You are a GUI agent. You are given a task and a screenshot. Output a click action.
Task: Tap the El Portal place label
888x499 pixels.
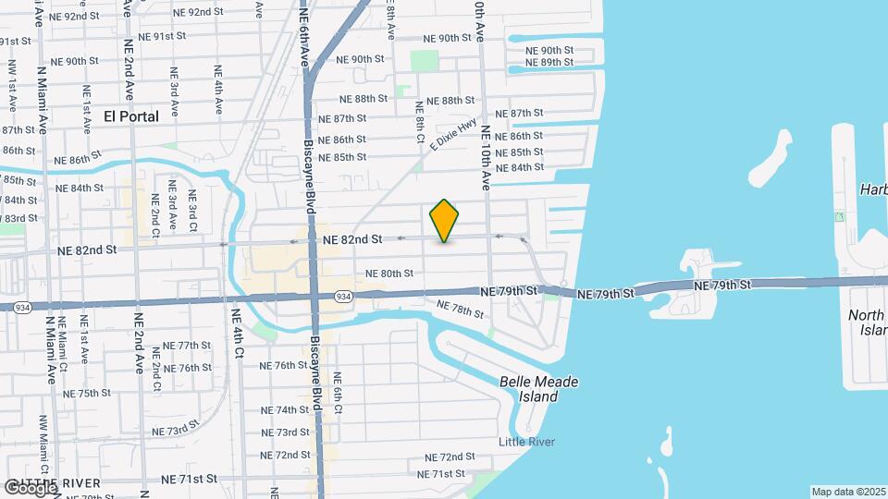click(131, 116)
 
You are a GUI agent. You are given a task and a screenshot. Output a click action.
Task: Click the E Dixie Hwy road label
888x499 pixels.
click(453, 132)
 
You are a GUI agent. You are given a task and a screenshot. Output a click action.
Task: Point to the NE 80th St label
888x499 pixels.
click(388, 274)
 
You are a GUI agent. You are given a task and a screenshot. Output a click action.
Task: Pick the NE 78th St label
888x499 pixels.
click(460, 310)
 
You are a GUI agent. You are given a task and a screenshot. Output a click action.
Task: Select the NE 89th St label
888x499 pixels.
click(549, 62)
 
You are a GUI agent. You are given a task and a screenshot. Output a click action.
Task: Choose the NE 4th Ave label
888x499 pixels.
click(218, 89)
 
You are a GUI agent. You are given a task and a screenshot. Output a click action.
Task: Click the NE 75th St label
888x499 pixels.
click(88, 393)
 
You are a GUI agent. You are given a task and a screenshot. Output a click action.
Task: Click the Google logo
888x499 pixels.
click(31, 488)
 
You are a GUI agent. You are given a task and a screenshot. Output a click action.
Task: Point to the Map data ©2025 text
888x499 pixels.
click(848, 492)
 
